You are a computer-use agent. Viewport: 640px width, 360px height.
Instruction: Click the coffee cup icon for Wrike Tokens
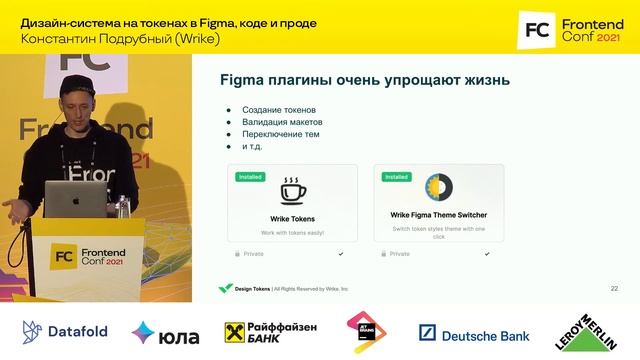pyautogui.click(x=292, y=190)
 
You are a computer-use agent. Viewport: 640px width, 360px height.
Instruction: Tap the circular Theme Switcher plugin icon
pyautogui.click(x=438, y=188)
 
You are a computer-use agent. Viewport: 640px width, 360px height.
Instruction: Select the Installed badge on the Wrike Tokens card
pyautogui.click(x=251, y=176)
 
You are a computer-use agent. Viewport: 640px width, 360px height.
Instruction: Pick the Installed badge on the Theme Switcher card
pyautogui.click(x=396, y=176)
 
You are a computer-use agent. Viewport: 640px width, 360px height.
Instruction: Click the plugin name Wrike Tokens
pyautogui.click(x=292, y=217)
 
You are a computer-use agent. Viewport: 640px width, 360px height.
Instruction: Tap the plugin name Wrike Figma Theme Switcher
pyautogui.click(x=438, y=214)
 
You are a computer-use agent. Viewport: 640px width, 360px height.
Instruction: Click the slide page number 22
pyautogui.click(x=614, y=288)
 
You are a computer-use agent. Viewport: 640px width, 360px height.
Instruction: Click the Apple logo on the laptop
pyautogui.click(x=74, y=198)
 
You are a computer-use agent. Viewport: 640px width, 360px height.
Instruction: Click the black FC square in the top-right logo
pyautogui.click(x=536, y=31)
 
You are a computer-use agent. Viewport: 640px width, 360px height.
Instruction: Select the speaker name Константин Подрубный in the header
pyautogui.click(x=86, y=39)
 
